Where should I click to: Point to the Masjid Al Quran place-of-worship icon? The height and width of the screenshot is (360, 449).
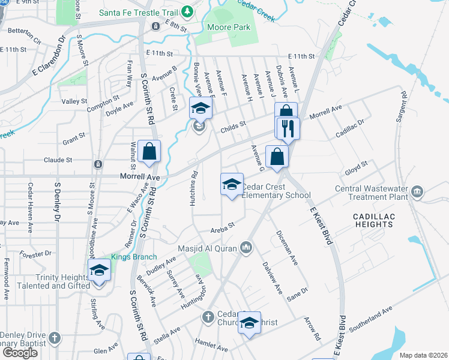tap(246, 247)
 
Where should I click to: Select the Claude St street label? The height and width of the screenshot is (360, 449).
tap(58, 160)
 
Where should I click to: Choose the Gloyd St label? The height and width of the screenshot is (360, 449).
tap(356, 169)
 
